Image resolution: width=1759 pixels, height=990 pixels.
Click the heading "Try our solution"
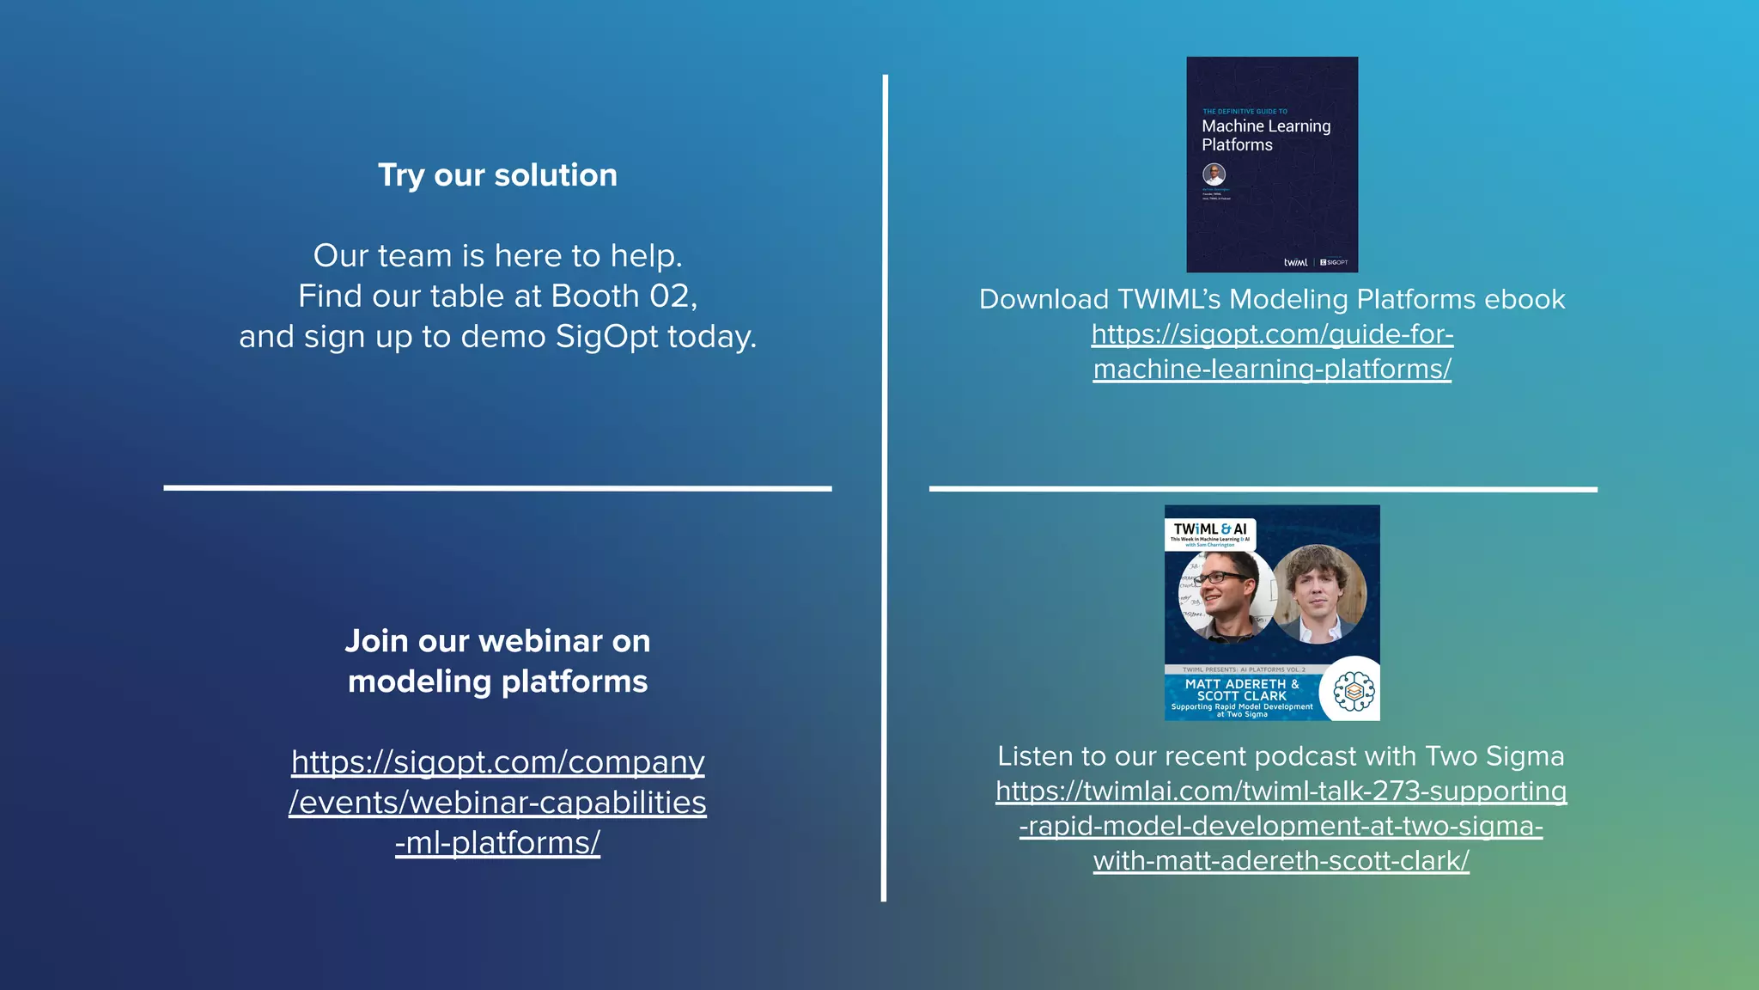pos(497,175)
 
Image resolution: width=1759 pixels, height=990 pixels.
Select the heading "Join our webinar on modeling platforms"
pos(497,661)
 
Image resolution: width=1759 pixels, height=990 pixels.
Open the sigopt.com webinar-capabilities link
pos(497,803)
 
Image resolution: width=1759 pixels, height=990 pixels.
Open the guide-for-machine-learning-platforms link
pos(1272,351)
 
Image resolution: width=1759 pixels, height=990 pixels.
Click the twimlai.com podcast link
pos(1281,826)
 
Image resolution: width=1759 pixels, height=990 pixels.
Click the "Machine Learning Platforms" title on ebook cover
pos(1265,135)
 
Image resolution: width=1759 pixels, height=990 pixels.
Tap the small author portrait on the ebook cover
pos(1214,174)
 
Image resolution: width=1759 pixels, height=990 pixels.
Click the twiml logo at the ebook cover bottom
pos(1295,262)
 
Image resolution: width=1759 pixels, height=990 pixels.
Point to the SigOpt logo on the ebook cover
pos(1334,262)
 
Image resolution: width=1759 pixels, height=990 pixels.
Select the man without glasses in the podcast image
pos(1319,595)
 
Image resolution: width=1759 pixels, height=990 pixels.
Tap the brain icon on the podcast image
pos(1354,691)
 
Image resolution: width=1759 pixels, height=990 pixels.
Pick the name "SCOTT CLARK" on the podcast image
pos(1242,696)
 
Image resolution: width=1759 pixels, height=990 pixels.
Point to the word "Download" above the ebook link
pos(1044,299)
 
